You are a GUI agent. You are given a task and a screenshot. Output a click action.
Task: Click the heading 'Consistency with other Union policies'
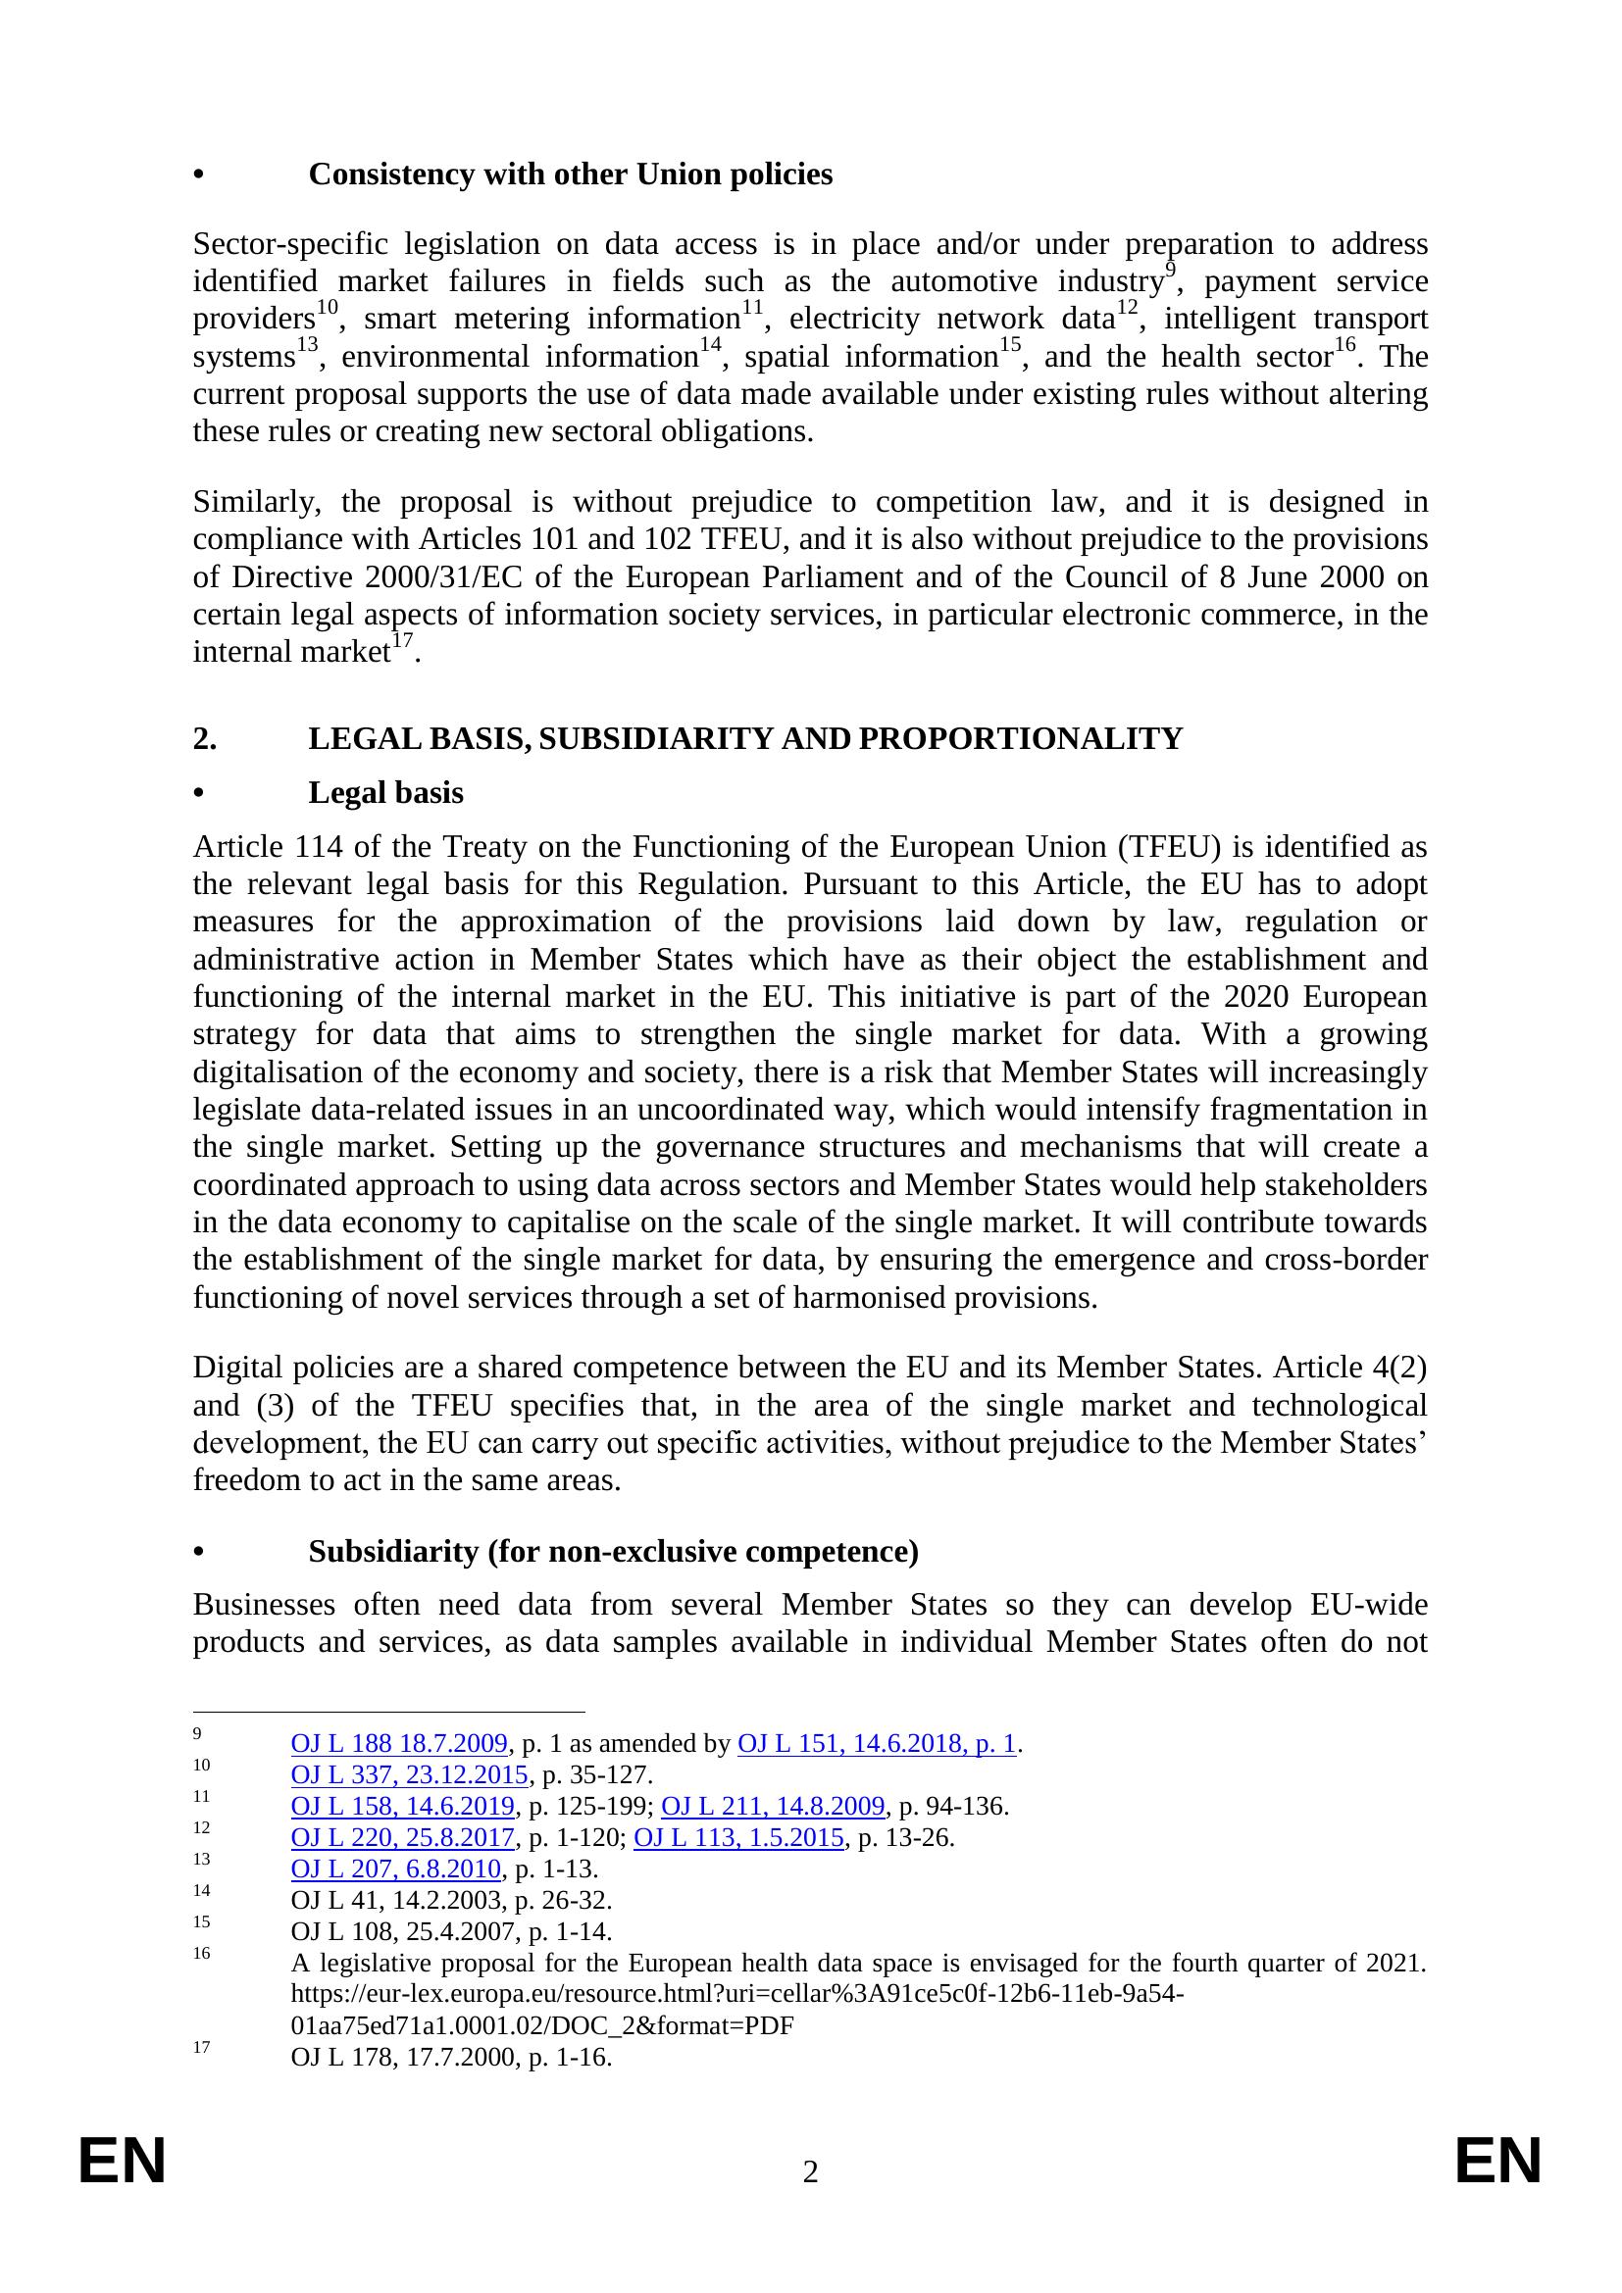[x=570, y=174]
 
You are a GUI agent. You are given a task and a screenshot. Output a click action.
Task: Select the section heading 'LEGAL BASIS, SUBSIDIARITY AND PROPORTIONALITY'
[x=744, y=738]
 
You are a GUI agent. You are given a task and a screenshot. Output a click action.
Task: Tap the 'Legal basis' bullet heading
[x=385, y=792]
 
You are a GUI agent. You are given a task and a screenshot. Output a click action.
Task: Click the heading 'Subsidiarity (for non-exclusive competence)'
[x=613, y=1551]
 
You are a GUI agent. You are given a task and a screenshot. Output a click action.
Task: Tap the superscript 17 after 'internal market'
[x=401, y=641]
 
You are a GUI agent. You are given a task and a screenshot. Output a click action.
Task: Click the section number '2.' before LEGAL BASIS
[x=205, y=738]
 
